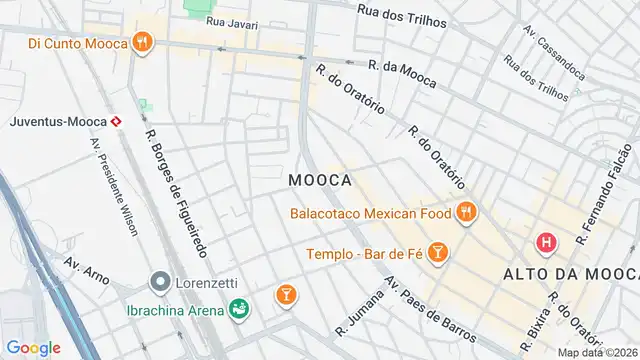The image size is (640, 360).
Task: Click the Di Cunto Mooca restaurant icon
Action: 144,43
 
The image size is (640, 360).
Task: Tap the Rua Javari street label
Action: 231,21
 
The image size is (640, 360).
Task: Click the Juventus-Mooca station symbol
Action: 117,122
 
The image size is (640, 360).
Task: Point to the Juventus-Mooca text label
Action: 57,122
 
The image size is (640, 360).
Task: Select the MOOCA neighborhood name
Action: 319,180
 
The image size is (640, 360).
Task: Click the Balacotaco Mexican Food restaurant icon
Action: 465,212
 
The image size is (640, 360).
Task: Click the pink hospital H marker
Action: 546,242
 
